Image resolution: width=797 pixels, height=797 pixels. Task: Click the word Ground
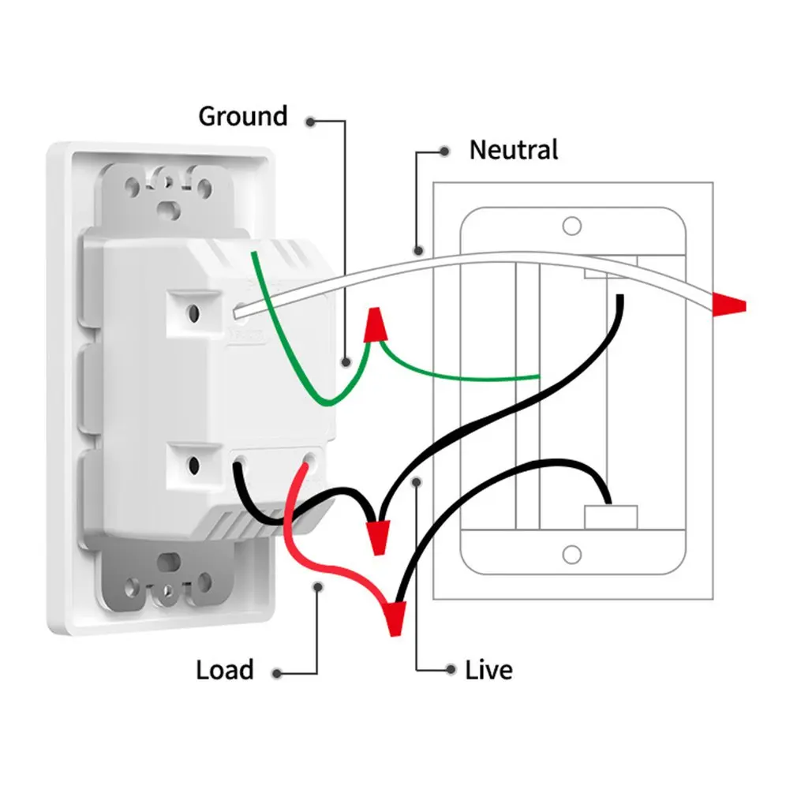242,117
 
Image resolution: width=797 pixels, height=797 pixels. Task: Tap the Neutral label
513,150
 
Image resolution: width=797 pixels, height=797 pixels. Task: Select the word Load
225,671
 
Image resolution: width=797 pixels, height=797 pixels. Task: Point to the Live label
488,671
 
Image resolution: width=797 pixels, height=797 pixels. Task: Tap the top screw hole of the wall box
571,225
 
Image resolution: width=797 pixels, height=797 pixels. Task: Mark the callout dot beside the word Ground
312,122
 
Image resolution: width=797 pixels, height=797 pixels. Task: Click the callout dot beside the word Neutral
445,151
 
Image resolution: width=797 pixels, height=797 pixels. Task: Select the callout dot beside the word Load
278,674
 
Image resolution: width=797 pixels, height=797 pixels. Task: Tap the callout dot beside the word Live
450,670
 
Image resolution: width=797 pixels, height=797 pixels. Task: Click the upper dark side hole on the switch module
192,312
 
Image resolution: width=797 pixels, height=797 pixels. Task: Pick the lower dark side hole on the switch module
192,464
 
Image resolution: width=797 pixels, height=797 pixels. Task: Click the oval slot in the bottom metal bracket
168,564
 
